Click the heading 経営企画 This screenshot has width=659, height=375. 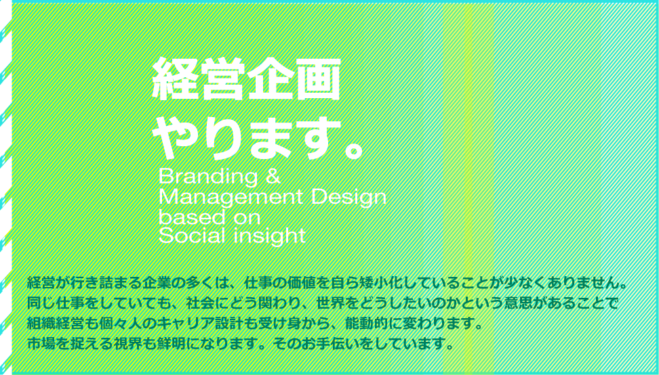tap(246, 79)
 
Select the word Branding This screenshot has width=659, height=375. tap(208, 178)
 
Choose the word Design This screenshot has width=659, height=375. tap(350, 198)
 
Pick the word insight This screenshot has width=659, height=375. tap(268, 237)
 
